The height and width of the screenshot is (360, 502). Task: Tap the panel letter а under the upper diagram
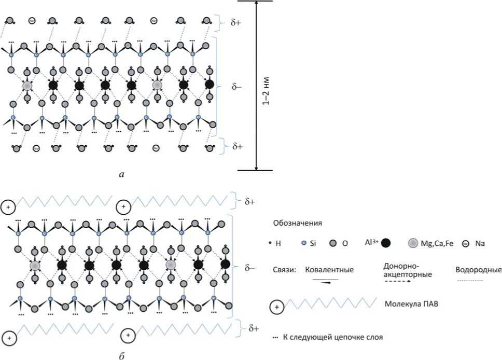click(x=121, y=175)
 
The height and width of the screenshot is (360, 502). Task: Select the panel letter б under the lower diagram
click(x=121, y=356)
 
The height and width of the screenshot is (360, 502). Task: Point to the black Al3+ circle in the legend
click(x=386, y=242)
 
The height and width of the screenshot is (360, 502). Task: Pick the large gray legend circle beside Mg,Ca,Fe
click(x=413, y=243)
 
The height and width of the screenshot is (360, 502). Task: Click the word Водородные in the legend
click(x=478, y=270)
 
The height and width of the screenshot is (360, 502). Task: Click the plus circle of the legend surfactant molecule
click(x=276, y=307)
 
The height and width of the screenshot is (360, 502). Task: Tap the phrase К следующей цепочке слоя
click(x=332, y=338)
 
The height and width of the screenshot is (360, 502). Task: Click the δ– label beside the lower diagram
click(x=250, y=268)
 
